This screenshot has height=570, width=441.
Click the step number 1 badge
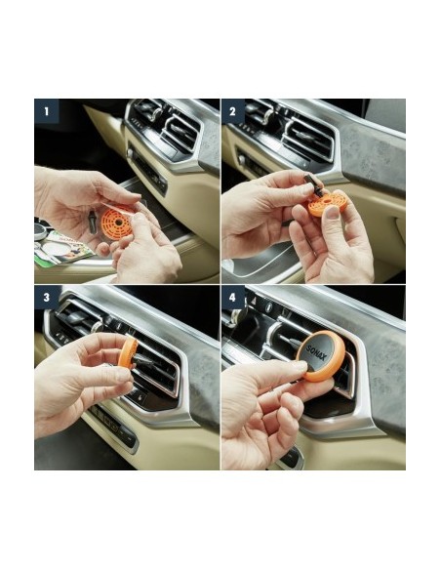pyautogui.click(x=47, y=111)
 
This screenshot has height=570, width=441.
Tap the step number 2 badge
pyautogui.click(x=233, y=111)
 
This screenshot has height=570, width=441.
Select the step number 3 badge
pyautogui.click(x=47, y=298)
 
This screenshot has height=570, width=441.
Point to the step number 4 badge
pyautogui.click(x=233, y=298)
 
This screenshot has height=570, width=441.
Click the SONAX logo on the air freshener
pyautogui.click(x=317, y=353)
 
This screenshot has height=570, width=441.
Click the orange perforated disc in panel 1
pyautogui.click(x=117, y=222)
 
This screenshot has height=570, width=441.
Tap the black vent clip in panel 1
pyautogui.click(x=91, y=222)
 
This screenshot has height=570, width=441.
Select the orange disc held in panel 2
pyautogui.click(x=326, y=202)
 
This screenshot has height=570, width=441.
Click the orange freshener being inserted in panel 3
pyautogui.click(x=128, y=352)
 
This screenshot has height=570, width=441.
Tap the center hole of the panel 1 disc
pyautogui.click(x=117, y=222)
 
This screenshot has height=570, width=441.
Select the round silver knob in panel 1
pyautogui.click(x=130, y=153)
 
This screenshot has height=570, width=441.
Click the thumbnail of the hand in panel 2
pyautogui.click(x=332, y=212)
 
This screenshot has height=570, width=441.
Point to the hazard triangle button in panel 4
pyautogui.click(x=254, y=302)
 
